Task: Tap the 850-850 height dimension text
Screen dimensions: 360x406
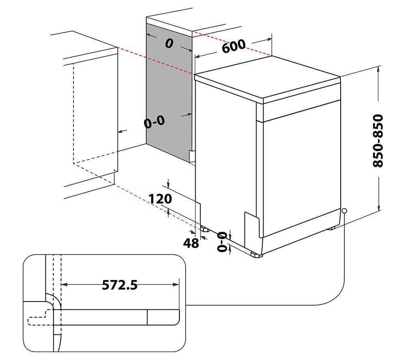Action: click(x=378, y=140)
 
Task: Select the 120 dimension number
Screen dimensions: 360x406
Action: click(x=160, y=199)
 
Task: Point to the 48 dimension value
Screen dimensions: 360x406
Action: click(x=191, y=243)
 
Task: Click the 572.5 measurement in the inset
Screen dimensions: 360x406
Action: click(x=119, y=285)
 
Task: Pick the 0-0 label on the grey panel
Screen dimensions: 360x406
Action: click(x=154, y=122)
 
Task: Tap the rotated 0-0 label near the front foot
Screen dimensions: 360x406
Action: click(x=222, y=242)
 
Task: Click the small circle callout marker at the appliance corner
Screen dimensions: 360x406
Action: click(x=344, y=211)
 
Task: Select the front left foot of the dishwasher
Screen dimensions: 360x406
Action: click(x=256, y=255)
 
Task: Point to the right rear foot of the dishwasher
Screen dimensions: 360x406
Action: click(x=332, y=228)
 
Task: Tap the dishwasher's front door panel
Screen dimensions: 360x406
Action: click(x=300, y=170)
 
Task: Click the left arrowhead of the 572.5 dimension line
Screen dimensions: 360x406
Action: click(x=64, y=285)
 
